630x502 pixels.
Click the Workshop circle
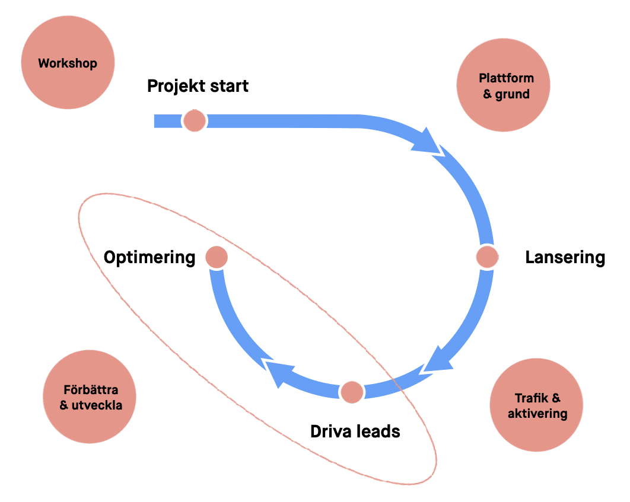coord(68,63)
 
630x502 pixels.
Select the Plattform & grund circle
coord(504,86)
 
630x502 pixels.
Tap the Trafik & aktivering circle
coord(537,405)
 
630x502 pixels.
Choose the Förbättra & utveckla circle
coord(90,397)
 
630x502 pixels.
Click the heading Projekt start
coord(198,86)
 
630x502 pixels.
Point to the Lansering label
coord(565,257)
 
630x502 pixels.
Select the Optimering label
coord(149,257)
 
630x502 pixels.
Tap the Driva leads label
coord(355,431)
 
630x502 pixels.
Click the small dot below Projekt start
coord(194,121)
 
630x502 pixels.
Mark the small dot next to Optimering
coord(217,257)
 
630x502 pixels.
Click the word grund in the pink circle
coord(513,94)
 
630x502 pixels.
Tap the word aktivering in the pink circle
coord(537,413)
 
